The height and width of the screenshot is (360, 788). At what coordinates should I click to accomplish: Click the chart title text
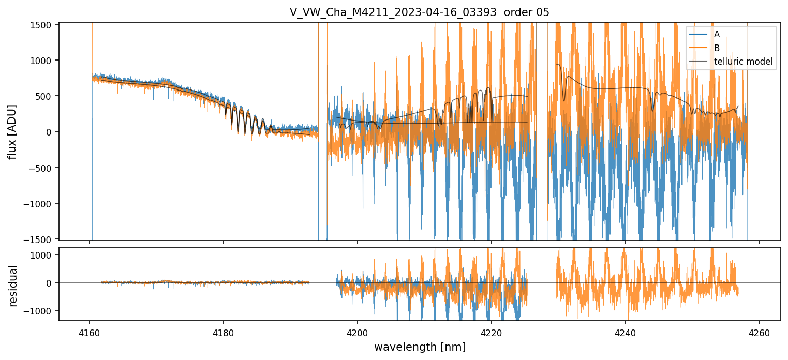coord(420,12)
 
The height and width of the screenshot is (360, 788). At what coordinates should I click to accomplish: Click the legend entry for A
coord(717,34)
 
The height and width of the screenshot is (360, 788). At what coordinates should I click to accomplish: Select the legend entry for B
coord(717,48)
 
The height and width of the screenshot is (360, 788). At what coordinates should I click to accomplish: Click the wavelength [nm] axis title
coord(420,347)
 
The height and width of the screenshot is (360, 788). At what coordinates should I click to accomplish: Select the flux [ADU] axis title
coord(12,131)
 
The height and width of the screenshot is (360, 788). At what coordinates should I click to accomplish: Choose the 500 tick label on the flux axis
coord(47,96)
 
